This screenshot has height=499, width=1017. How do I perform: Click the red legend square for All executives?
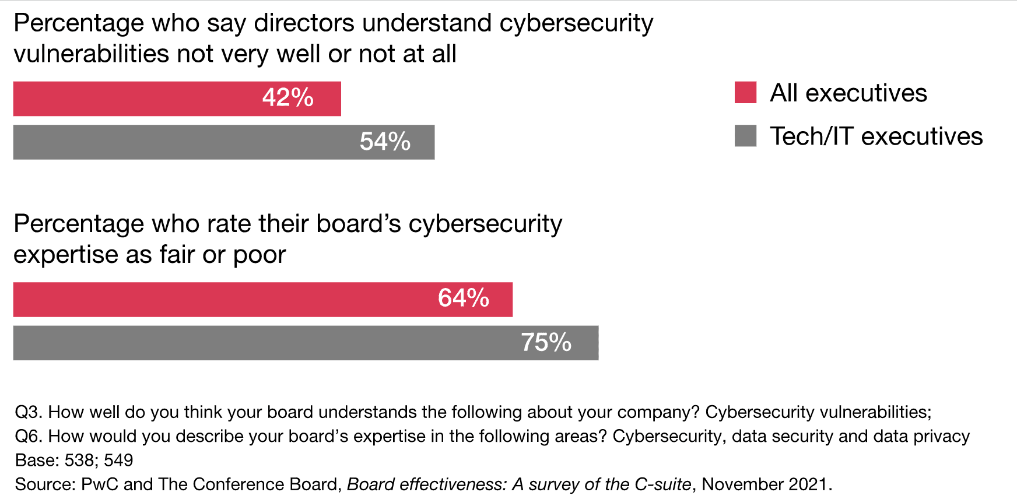[745, 93]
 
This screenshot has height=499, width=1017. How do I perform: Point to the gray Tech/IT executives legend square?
[745, 136]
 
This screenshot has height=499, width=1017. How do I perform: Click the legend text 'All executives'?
[848, 93]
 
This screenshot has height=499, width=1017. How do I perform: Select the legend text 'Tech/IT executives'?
[876, 136]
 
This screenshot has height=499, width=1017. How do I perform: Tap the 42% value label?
[288, 98]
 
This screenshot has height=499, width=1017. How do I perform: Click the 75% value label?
[546, 343]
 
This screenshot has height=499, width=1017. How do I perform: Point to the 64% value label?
[464, 298]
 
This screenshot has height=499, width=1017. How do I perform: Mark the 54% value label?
[385, 142]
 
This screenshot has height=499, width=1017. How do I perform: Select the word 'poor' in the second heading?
[259, 255]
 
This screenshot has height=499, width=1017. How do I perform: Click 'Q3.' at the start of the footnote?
[28, 412]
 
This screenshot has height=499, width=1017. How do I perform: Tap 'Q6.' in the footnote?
[28, 436]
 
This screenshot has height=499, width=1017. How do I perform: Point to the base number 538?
[79, 461]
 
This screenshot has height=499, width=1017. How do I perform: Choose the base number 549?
[118, 461]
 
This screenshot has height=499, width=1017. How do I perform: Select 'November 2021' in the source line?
[764, 484]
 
